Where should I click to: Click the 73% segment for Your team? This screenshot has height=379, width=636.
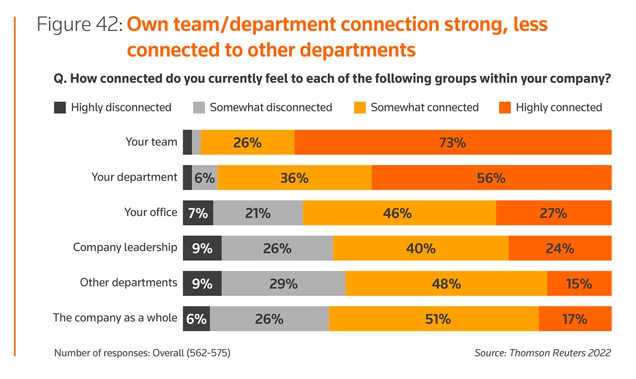[x=452, y=142]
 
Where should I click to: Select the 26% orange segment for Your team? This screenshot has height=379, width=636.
[x=247, y=142]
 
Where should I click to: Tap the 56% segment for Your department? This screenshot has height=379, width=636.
[x=491, y=177]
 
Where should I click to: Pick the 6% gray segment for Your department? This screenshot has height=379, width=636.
[x=204, y=177]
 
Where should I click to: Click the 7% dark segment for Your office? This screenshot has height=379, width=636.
[x=198, y=213]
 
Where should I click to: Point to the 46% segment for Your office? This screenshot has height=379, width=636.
[x=399, y=213]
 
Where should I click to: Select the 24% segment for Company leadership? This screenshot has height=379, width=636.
[x=559, y=248]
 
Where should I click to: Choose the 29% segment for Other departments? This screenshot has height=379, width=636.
[x=283, y=283]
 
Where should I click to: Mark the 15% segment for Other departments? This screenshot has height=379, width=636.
[x=579, y=283]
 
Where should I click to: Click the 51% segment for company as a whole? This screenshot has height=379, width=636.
[x=433, y=318]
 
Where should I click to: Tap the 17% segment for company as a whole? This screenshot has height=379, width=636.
[x=574, y=318]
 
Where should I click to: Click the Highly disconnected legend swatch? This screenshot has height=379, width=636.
[x=60, y=107]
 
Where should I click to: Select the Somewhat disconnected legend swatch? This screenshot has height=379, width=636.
[x=199, y=107]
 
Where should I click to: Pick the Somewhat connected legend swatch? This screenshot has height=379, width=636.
[x=360, y=107]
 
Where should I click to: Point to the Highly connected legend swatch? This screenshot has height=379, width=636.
[x=505, y=107]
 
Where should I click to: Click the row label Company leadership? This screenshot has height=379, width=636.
[x=125, y=247]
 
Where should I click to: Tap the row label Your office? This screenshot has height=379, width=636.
[x=150, y=212]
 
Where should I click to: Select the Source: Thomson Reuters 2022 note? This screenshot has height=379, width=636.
[x=542, y=353]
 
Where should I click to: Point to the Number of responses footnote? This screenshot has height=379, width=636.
[x=142, y=353]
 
